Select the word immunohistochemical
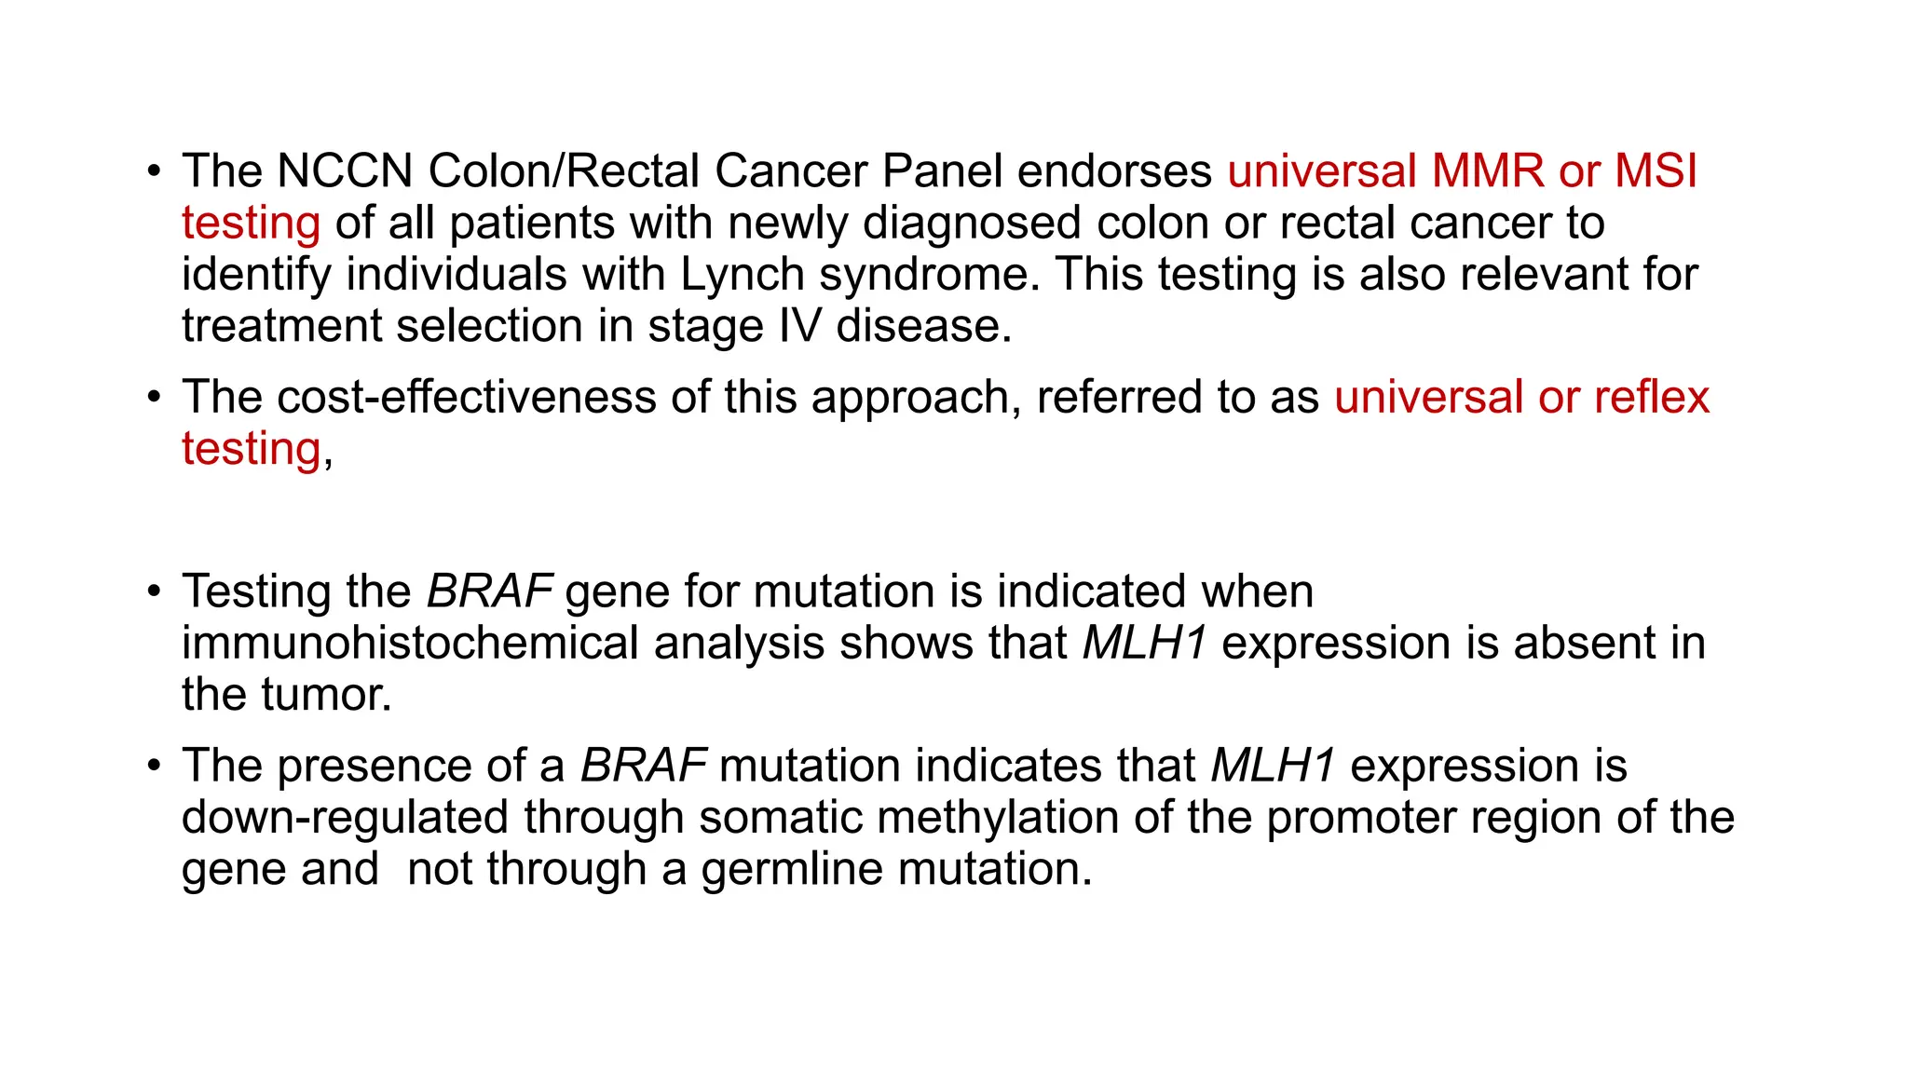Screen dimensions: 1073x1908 410,644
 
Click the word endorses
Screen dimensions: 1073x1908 1114,171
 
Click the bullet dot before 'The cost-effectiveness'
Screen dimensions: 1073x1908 154,398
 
